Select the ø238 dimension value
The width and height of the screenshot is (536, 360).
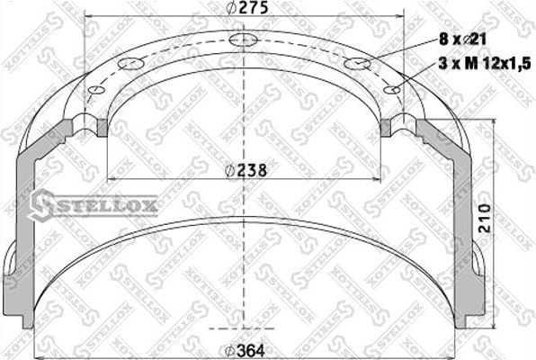[243, 168]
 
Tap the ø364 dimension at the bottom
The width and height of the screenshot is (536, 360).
[243, 350]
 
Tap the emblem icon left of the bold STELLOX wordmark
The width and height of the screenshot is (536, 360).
[45, 207]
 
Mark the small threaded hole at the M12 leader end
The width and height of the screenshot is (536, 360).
[391, 88]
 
